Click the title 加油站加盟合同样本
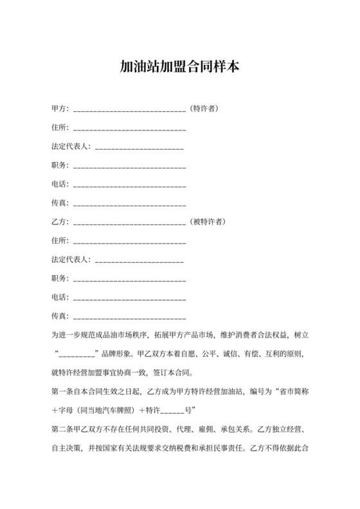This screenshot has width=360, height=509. [x=180, y=66]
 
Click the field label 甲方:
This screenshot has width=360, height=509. [x=60, y=109]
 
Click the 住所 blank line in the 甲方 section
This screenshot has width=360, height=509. [x=130, y=129]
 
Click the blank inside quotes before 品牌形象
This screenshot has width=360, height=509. [x=77, y=354]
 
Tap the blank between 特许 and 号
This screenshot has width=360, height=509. [x=172, y=410]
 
